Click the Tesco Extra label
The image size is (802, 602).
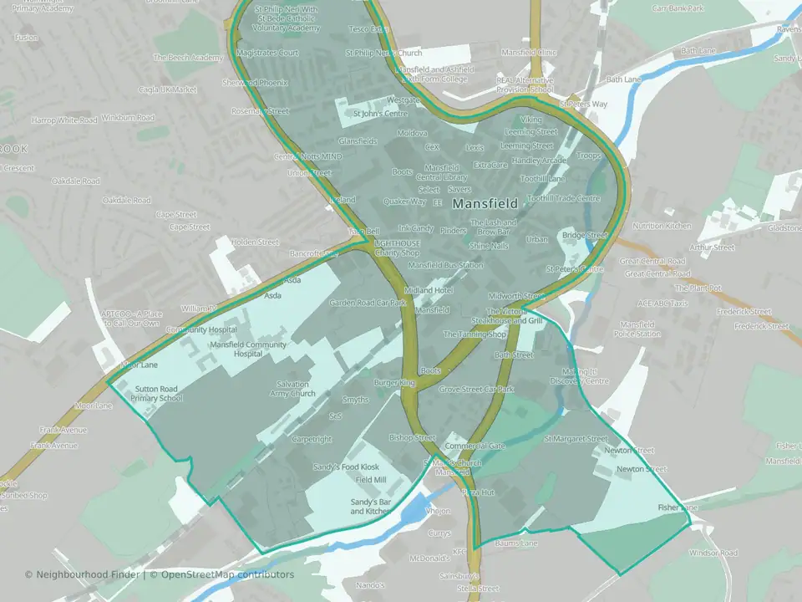(368, 29)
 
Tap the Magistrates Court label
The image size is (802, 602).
(267, 52)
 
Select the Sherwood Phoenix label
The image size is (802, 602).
(255, 83)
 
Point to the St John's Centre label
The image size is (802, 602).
(379, 114)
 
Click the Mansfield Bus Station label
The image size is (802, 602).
(445, 265)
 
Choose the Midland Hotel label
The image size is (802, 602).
(429, 290)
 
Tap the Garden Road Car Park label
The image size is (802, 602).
(367, 303)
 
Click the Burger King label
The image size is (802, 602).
(394, 383)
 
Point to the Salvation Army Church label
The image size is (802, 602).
(292, 389)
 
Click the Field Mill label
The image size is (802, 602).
(371, 480)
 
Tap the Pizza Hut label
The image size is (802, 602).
(479, 493)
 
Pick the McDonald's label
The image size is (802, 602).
(429, 558)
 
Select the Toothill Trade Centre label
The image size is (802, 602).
(564, 199)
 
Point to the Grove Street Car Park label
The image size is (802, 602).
(476, 390)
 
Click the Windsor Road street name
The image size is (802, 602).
(713, 554)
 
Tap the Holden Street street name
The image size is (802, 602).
(255, 242)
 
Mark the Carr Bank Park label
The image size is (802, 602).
(678, 8)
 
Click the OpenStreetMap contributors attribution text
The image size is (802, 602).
(227, 574)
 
